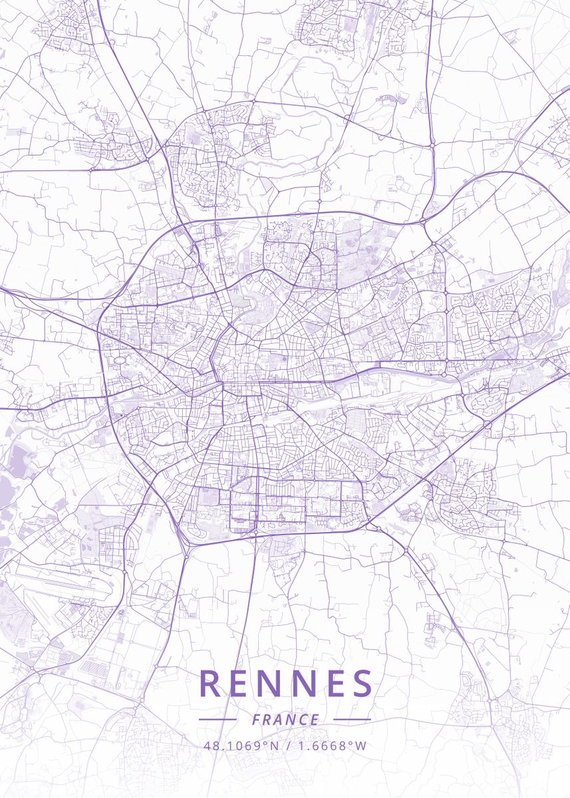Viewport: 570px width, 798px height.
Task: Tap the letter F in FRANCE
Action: tap(256, 720)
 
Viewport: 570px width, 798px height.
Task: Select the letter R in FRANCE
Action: tap(267, 720)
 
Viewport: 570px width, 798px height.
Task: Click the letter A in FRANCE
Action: tap(279, 720)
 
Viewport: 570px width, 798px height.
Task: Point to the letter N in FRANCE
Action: tap(291, 720)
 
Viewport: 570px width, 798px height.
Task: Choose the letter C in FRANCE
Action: tap(304, 720)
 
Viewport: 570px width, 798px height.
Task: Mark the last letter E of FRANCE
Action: tap(315, 720)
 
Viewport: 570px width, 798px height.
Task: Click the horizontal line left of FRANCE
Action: tap(217, 720)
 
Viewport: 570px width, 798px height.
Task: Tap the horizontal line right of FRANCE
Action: tap(352, 720)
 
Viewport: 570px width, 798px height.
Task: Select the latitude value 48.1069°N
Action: tap(241, 745)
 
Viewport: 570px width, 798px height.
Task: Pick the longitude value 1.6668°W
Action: tap(330, 745)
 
